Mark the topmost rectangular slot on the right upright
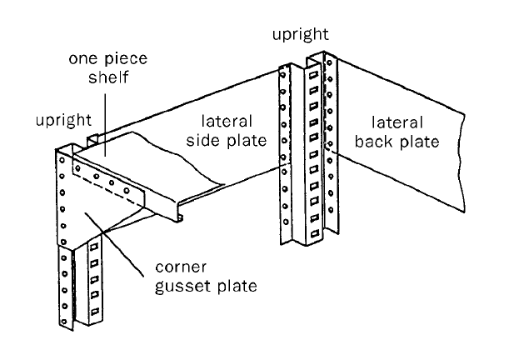[x=312, y=72]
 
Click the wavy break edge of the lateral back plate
[x=460, y=167]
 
